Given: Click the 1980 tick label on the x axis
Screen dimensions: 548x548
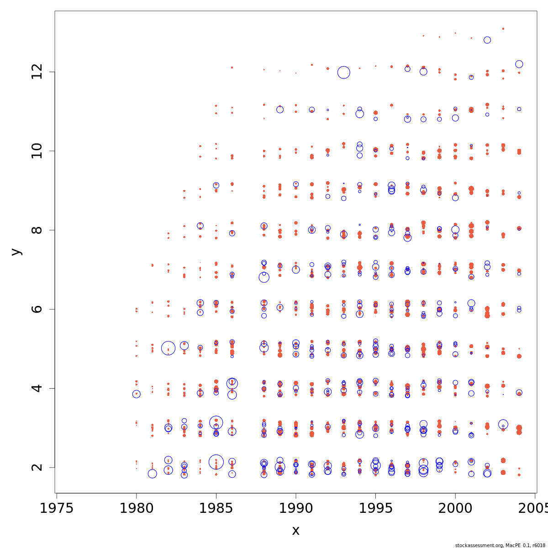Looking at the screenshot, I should click(136, 508).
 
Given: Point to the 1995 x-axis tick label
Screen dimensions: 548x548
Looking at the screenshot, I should click(375, 508).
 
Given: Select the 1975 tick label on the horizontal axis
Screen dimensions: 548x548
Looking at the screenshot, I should click(57, 508).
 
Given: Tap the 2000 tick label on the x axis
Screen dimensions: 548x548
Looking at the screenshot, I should click(455, 508).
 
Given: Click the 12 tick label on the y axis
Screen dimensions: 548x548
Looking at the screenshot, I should click(37, 72).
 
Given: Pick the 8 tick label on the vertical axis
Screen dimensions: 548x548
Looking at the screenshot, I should click(37, 230).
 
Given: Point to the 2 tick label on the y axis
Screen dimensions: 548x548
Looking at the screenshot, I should click(37, 467).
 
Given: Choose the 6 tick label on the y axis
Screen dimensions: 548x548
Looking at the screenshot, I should click(37, 309).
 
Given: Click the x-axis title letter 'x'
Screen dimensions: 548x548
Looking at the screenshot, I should click(295, 531).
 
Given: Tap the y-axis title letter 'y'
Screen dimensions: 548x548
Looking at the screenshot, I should click(16, 252).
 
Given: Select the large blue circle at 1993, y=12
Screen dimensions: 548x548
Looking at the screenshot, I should click(344, 72).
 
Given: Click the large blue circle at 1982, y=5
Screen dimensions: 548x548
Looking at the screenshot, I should click(168, 348).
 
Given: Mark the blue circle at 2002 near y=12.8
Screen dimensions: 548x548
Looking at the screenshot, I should click(487, 40).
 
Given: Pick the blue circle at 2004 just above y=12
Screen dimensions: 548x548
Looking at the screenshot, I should click(519, 64).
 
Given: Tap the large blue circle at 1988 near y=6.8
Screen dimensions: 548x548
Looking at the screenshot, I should click(264, 277).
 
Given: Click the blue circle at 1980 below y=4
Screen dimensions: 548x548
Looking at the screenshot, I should click(136, 394).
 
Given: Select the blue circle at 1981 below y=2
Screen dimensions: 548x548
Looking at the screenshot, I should click(152, 474).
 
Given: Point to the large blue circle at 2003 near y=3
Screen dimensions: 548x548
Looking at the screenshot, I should click(503, 424).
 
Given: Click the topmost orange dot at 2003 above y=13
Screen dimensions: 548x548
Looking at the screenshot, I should click(503, 29).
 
